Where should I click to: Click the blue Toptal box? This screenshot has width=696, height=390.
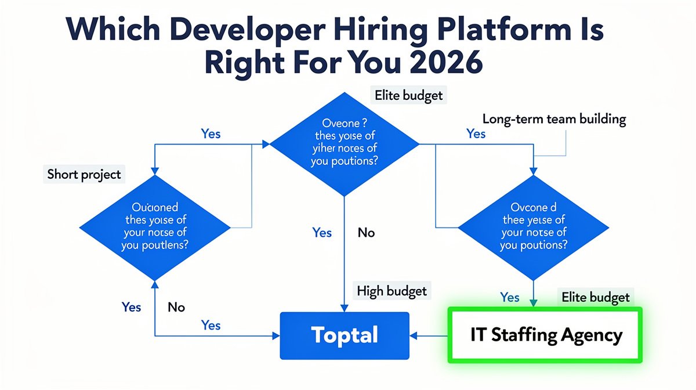coord(345,335)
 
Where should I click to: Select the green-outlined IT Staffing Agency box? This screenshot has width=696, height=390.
coord(546,335)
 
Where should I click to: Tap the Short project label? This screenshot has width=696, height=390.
coord(85,174)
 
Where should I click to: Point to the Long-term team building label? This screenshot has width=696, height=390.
coord(554,120)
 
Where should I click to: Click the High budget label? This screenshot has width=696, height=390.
coord(392,290)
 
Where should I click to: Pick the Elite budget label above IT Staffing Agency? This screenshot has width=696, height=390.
coord(596,297)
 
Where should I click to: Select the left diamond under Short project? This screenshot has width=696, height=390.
coord(154,227)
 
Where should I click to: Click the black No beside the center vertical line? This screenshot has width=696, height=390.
coord(366,233)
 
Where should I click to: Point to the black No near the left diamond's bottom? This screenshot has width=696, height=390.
coord(176,306)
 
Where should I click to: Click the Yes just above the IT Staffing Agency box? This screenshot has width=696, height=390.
coord(509,297)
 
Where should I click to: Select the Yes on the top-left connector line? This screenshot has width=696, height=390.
coord(211,133)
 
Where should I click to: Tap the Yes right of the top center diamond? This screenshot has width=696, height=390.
coord(476,133)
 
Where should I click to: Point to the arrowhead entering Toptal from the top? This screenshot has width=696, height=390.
coord(345,308)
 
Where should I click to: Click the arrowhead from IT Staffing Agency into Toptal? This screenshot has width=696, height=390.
coord(414,335)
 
